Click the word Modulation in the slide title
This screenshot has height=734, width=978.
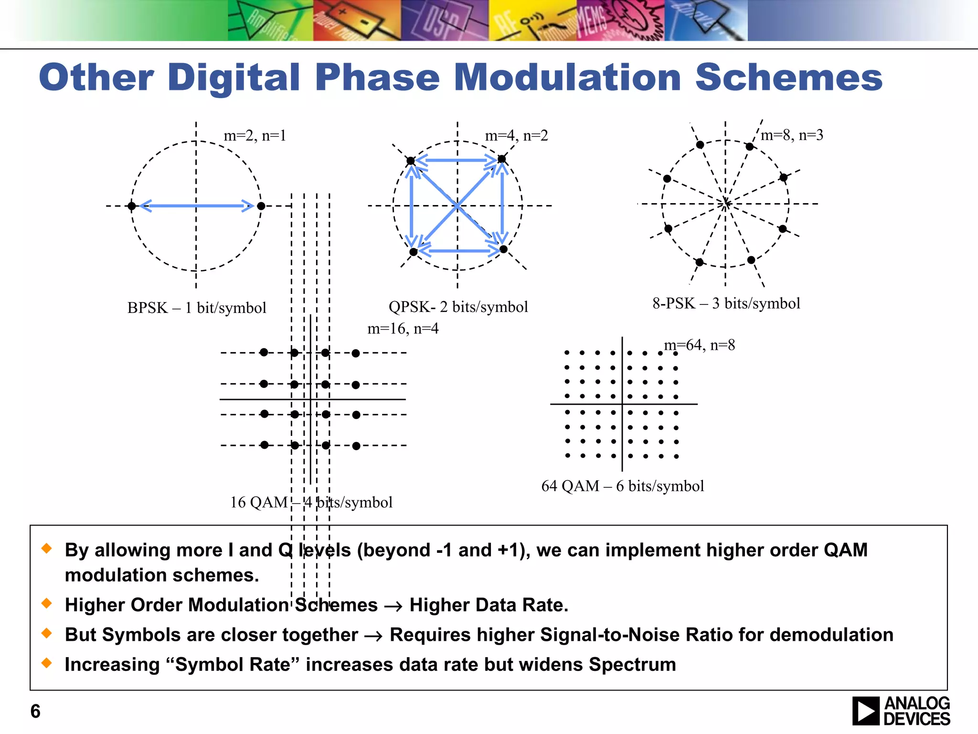click(x=567, y=77)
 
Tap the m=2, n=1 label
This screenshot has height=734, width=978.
click(x=255, y=136)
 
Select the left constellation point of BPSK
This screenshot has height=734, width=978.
click(x=132, y=206)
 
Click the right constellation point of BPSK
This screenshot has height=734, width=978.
click(x=261, y=206)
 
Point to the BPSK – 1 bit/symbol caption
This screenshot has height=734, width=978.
click(x=196, y=308)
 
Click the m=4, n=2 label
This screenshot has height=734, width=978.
click(x=516, y=136)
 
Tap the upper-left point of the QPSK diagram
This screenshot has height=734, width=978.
click(x=411, y=161)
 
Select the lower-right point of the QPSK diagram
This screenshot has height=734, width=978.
click(x=503, y=249)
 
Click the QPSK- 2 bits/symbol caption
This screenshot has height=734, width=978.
click(x=458, y=307)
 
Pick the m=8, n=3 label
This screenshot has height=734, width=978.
click(x=792, y=135)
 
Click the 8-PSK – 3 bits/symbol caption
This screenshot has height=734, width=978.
click(x=726, y=303)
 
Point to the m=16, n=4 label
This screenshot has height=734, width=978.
click(x=403, y=329)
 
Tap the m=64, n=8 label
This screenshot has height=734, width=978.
click(x=699, y=345)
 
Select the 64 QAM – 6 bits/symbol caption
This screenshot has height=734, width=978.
click(x=622, y=486)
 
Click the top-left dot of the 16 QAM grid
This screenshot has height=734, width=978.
click(x=264, y=352)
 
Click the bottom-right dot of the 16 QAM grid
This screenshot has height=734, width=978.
click(x=356, y=446)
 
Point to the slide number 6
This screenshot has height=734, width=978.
click(x=35, y=711)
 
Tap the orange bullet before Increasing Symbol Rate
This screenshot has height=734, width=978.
click(x=47, y=662)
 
